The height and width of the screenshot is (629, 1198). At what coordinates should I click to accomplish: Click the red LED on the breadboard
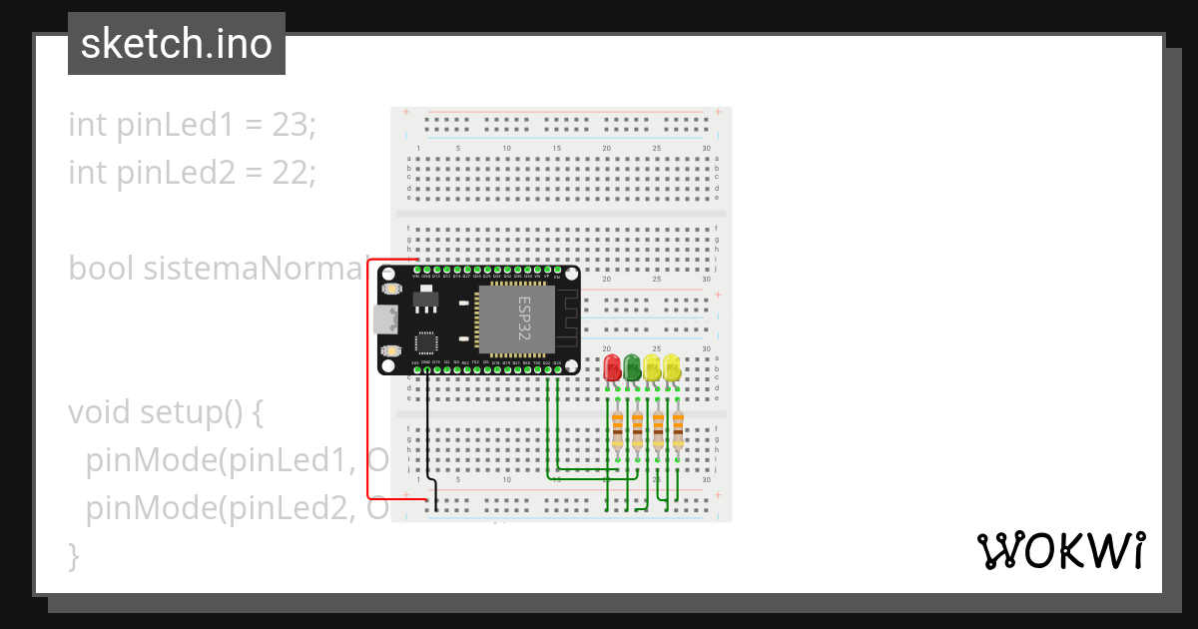(x=613, y=366)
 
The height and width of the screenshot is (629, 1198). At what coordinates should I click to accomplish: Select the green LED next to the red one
(x=633, y=366)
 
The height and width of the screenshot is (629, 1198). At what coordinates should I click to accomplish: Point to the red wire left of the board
(x=368, y=379)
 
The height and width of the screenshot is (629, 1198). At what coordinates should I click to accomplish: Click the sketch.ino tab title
(x=176, y=44)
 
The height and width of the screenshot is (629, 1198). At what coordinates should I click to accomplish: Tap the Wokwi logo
(x=1060, y=551)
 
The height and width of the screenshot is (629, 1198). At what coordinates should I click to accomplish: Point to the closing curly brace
(x=73, y=555)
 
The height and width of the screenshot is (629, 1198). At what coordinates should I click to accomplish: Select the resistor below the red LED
(x=617, y=430)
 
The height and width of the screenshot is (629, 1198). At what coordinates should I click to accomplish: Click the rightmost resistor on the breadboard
(x=678, y=430)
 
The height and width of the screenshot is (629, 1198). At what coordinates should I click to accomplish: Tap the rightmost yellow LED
(x=672, y=366)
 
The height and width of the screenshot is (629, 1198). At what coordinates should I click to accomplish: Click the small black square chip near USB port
(x=425, y=342)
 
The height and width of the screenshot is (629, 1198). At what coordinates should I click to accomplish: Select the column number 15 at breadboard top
(x=557, y=149)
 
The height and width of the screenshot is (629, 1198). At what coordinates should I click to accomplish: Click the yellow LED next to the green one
(x=652, y=366)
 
